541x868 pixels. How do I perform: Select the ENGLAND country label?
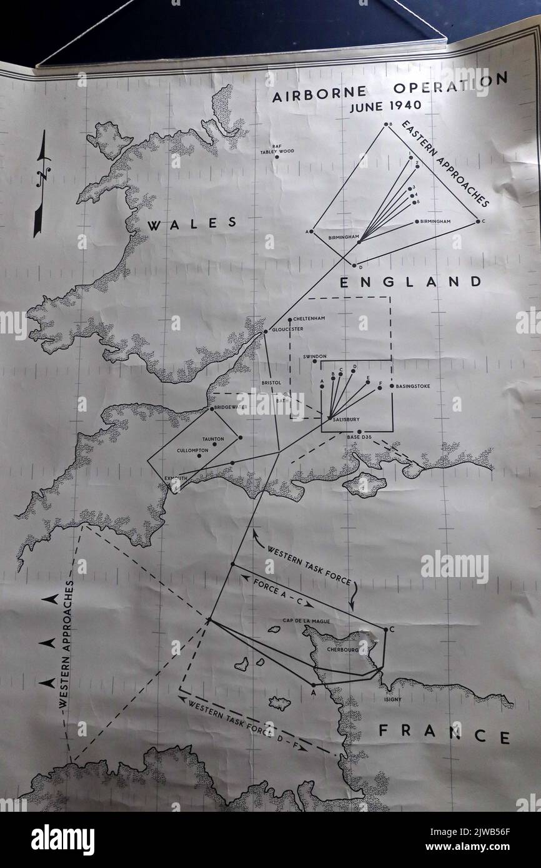[x=410, y=282]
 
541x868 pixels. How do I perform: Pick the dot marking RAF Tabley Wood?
[x=277, y=156]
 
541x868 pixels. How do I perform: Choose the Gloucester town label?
[x=289, y=329]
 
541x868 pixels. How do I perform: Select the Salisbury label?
[x=347, y=420]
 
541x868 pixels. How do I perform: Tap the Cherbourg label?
[x=343, y=650]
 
